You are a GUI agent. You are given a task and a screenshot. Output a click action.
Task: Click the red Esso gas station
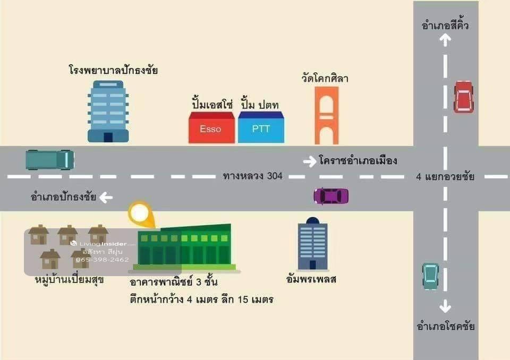tap(211, 128)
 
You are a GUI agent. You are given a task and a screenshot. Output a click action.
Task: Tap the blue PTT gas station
tap(261, 128)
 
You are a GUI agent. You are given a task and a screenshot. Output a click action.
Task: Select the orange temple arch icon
tap(326, 116)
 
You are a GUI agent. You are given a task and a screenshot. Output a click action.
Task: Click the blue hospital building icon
tap(108, 112)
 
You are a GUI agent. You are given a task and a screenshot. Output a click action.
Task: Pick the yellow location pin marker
tap(139, 214)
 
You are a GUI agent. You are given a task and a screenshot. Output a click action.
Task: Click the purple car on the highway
tap(331, 196)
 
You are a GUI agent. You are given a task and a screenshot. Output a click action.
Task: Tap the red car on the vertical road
tap(463, 97)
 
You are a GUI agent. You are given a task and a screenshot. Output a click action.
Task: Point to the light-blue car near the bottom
tap(430, 276)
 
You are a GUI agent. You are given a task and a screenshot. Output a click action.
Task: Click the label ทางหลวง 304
tap(253, 176)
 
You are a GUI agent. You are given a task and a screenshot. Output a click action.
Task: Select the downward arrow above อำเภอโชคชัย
tap(445, 306)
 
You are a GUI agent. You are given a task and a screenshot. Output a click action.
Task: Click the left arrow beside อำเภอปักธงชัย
tap(106, 198)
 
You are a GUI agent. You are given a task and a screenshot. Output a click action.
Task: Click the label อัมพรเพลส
tap(311, 279)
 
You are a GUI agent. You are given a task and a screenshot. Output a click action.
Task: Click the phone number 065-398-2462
tap(103, 260)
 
